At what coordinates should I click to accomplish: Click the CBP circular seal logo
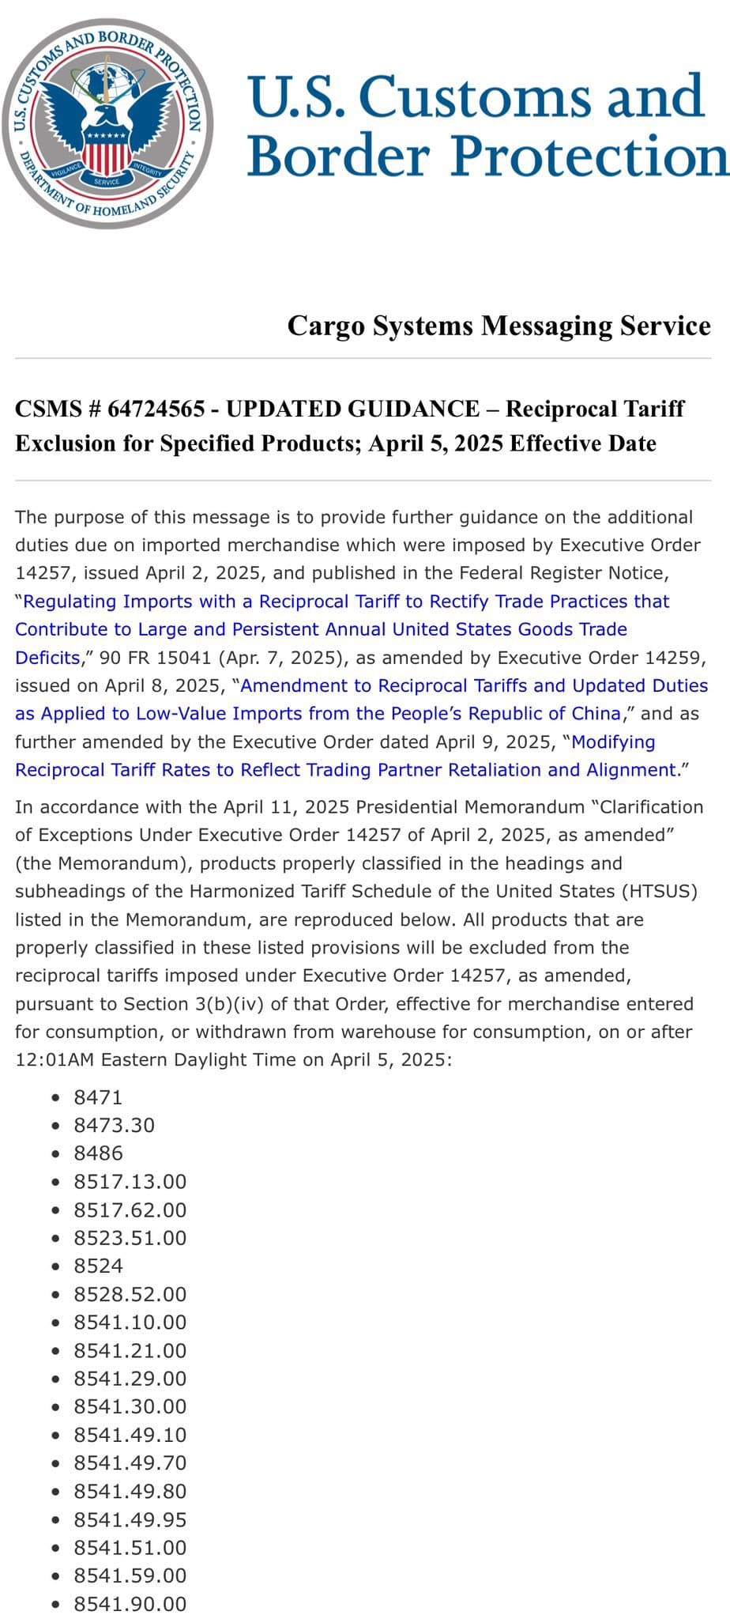(107, 123)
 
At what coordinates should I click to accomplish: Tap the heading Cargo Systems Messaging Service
(499, 326)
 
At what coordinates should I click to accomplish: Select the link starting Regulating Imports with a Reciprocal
(346, 602)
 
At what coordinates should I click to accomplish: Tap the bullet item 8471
(98, 1097)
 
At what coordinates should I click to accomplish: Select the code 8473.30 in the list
(114, 1125)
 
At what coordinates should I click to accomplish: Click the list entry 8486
(98, 1153)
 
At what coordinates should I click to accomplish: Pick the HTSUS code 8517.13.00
(130, 1182)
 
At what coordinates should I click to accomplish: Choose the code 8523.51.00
(130, 1238)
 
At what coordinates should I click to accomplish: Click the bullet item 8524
(98, 1266)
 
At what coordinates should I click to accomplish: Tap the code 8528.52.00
(130, 1294)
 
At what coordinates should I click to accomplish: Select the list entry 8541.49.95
(130, 1519)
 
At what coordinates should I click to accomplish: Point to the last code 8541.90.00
(130, 1604)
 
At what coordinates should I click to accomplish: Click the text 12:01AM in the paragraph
(53, 1059)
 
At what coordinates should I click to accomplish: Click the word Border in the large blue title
(341, 155)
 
